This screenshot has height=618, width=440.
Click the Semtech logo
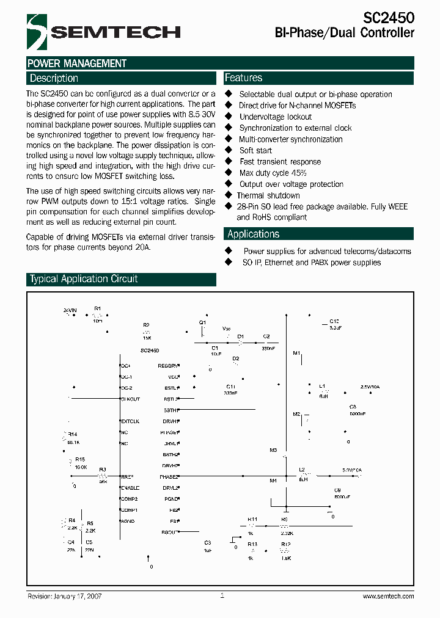point(103,31)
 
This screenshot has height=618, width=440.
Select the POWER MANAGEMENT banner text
point(78,64)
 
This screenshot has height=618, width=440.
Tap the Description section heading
point(54,78)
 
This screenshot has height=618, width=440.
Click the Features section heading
point(244,78)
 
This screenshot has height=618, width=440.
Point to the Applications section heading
point(253,234)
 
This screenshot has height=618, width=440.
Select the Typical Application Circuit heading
point(84,279)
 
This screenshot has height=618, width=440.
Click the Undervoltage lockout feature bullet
point(275,117)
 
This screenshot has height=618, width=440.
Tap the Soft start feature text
point(255,150)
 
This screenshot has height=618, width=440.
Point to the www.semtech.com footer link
point(389,596)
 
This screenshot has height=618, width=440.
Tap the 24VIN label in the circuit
point(70,311)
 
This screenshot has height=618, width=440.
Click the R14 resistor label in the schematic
point(73,433)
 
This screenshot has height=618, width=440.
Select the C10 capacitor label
point(334,321)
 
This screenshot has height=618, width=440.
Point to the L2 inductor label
point(302,469)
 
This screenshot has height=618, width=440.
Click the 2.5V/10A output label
point(370,387)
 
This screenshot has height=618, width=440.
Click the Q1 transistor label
point(203,322)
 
